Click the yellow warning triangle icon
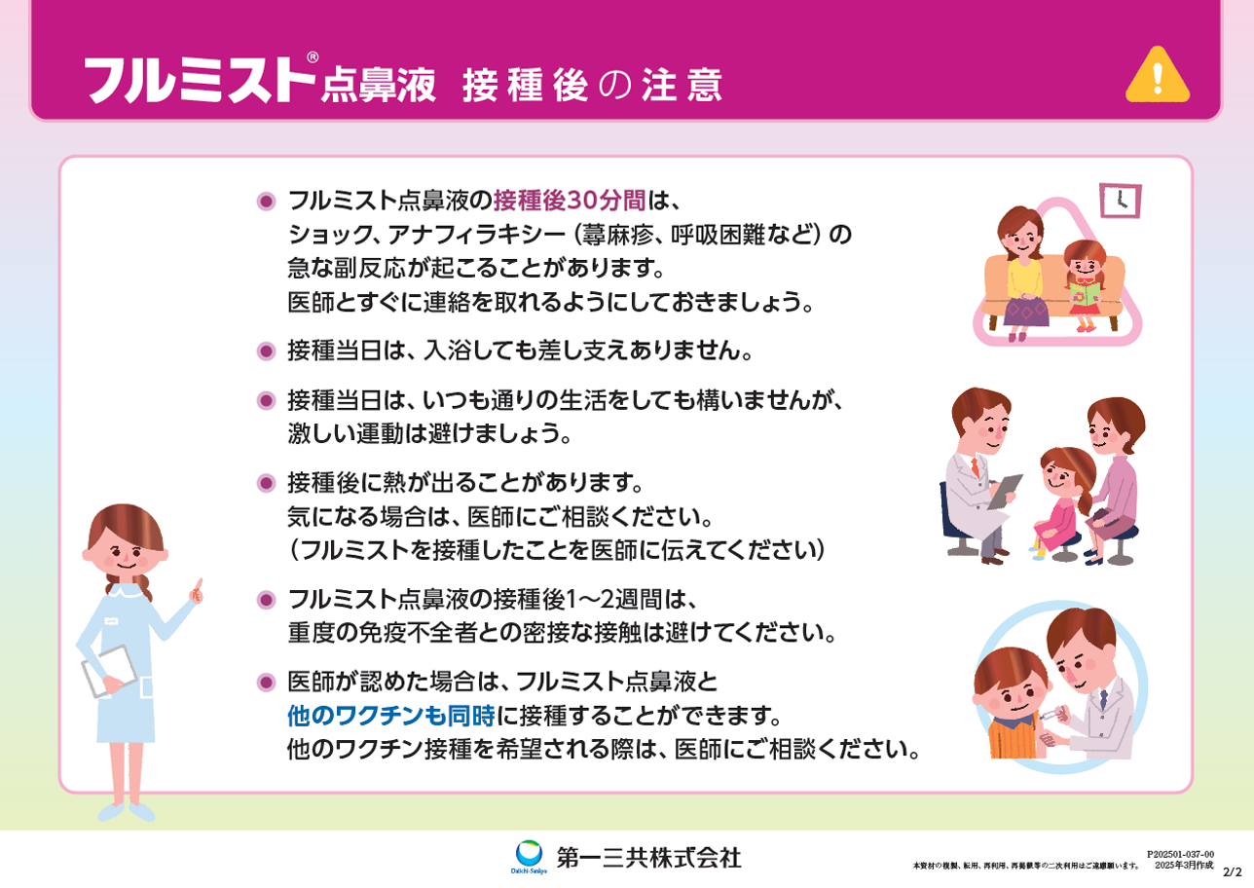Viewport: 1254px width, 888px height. pos(1158,77)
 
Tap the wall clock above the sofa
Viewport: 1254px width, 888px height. pos(1121,201)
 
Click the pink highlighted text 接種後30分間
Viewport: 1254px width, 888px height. pos(570,201)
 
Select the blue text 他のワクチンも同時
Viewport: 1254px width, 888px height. pos(391,716)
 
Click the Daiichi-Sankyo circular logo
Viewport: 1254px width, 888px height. pos(529,854)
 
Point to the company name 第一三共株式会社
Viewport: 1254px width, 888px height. pos(648,858)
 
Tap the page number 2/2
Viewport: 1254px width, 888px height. pos(1233,872)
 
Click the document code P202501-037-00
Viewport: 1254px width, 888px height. pos(1181,854)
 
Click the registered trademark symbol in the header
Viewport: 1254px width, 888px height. pos(313,56)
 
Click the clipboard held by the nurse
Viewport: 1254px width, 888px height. pos(109,671)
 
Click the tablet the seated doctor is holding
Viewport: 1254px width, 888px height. pos(1005,491)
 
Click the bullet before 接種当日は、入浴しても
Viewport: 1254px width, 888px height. pos(266,351)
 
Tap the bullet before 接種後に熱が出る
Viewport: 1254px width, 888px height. pos(266,483)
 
